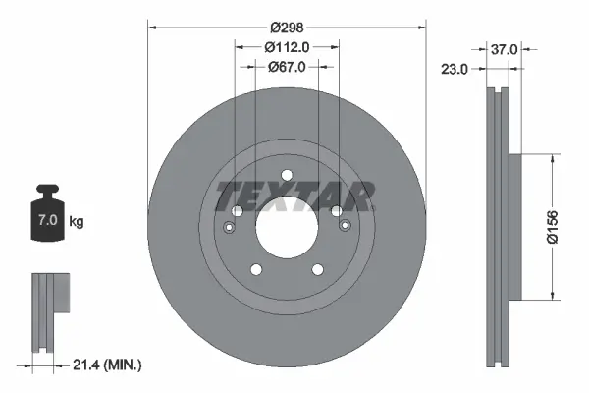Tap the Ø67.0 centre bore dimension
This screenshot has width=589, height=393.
[287, 67]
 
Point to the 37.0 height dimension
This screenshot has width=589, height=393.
[505, 48]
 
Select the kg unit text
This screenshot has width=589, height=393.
[77, 222]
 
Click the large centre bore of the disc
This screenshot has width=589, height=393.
[287, 232]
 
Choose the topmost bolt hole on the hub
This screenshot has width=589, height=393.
[287, 177]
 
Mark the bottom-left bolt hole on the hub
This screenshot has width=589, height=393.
[255, 270]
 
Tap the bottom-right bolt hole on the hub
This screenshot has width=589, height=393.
[318, 270]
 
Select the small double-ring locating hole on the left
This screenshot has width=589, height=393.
[230, 228]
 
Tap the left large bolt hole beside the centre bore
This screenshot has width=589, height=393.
[237, 211]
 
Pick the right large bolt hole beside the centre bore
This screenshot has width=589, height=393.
[337, 211]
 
